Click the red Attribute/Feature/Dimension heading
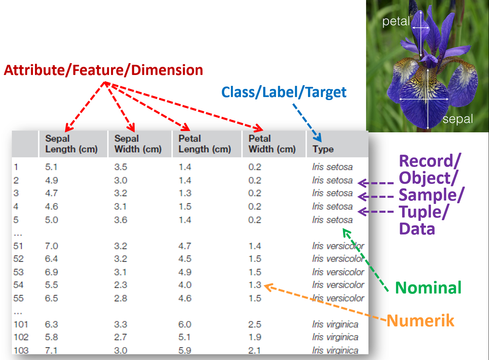tap(104, 70)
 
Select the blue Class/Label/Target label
tap(284, 92)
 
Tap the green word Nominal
tap(428, 288)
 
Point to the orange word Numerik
tap(420, 321)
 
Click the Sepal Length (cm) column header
tap(71, 144)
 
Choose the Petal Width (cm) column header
tap(272, 144)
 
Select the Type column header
tap(323, 149)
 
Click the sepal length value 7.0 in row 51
tap(52, 246)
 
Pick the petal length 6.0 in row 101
tap(185, 324)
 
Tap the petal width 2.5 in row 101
tap(255, 324)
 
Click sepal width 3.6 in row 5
tap(121, 220)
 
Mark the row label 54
tap(18, 285)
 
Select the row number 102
tap(21, 337)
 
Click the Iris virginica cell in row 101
tap(335, 324)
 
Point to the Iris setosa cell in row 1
tap(332, 167)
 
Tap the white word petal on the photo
tap(396, 21)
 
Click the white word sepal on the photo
tap(458, 119)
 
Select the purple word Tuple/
tap(424, 212)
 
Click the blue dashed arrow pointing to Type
tap(307, 122)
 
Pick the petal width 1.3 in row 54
tap(255, 285)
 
